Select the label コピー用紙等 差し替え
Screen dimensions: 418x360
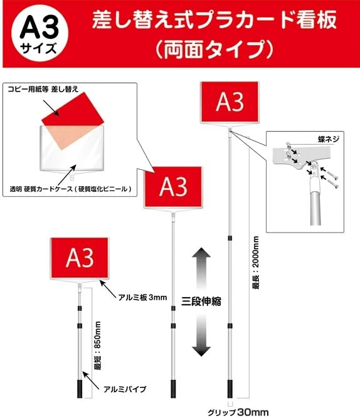[x=44, y=90]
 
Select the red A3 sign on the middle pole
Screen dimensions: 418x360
[x=173, y=186]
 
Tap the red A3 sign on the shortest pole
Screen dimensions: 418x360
[x=80, y=258]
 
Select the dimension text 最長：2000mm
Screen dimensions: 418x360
[x=255, y=261]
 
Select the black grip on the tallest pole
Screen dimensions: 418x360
[x=231, y=383]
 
